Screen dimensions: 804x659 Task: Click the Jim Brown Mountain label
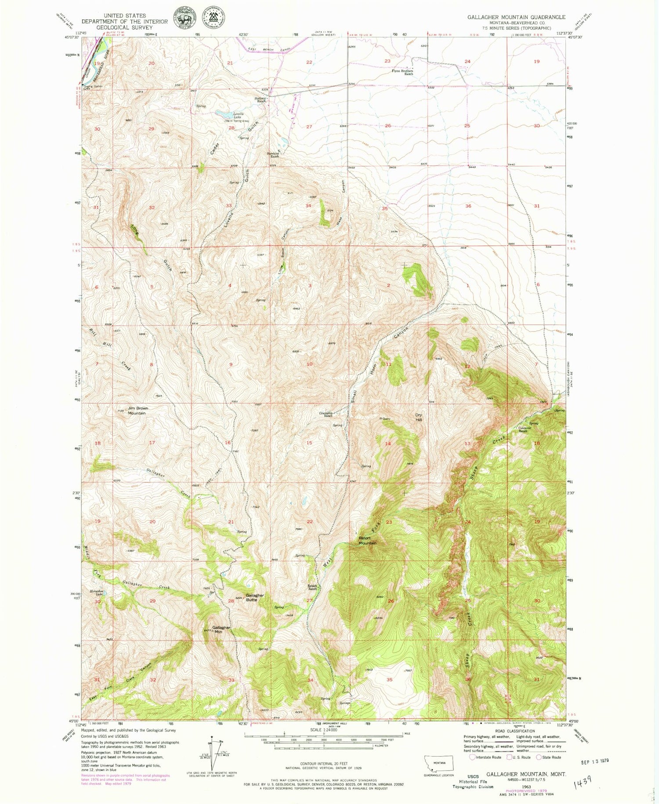point(138,411)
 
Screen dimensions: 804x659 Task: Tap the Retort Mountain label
point(367,540)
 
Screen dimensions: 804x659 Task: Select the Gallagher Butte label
point(255,597)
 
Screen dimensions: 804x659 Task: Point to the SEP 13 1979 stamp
point(593,760)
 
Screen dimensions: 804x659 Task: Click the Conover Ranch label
point(522,429)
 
